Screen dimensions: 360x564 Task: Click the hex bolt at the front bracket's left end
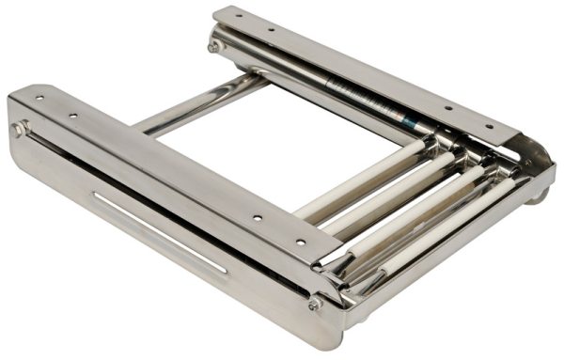19,128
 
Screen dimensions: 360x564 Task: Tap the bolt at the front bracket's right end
314,304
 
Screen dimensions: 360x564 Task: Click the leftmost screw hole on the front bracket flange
39,97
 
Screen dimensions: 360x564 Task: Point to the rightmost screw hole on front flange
300,242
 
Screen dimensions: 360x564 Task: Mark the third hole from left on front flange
258,218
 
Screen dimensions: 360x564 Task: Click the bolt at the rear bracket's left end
214,44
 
